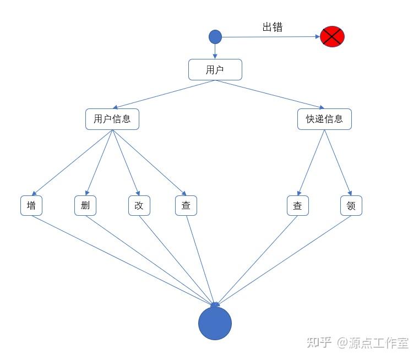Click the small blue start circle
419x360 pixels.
[215, 37]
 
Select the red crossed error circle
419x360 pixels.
[332, 37]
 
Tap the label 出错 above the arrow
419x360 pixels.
[272, 27]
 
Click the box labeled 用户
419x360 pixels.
[215, 70]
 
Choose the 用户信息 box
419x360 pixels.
[112, 119]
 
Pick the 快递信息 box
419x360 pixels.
[324, 119]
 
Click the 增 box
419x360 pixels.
[31, 205]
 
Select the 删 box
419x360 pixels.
[85, 205]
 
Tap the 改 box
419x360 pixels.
[139, 205]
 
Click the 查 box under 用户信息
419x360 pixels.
[186, 205]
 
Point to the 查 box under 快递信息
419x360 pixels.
[297, 205]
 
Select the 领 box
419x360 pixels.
[351, 205]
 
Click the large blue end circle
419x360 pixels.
[215, 324]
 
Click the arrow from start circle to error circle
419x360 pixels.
[270, 37]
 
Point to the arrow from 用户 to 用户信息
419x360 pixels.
[164, 94]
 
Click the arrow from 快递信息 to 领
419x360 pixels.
[337, 162]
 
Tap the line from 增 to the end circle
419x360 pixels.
[121, 259]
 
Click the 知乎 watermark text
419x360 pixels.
[319, 342]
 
